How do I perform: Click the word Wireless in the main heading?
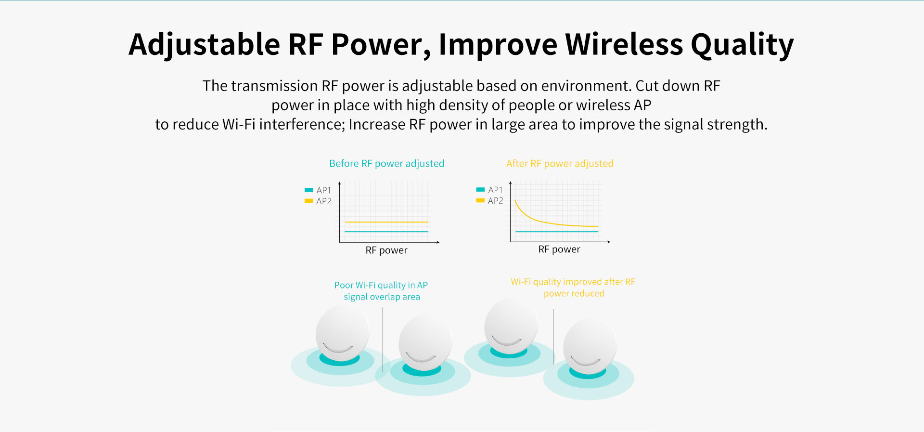(624, 44)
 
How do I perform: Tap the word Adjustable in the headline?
(204, 45)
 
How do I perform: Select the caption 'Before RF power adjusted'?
(386, 163)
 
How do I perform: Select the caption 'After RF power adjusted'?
(560, 163)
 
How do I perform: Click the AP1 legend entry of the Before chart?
(318, 190)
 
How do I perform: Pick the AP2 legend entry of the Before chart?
(318, 201)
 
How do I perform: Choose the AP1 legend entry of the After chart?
(489, 190)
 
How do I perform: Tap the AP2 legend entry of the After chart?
(489, 200)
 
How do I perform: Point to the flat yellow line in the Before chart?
(386, 222)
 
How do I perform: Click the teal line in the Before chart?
(386, 232)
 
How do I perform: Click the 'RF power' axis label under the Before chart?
(386, 250)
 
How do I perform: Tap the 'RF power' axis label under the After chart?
(559, 249)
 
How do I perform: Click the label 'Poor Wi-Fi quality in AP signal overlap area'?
(381, 291)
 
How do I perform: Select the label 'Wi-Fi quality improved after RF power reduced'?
(573, 288)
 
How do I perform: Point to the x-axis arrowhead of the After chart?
(609, 242)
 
